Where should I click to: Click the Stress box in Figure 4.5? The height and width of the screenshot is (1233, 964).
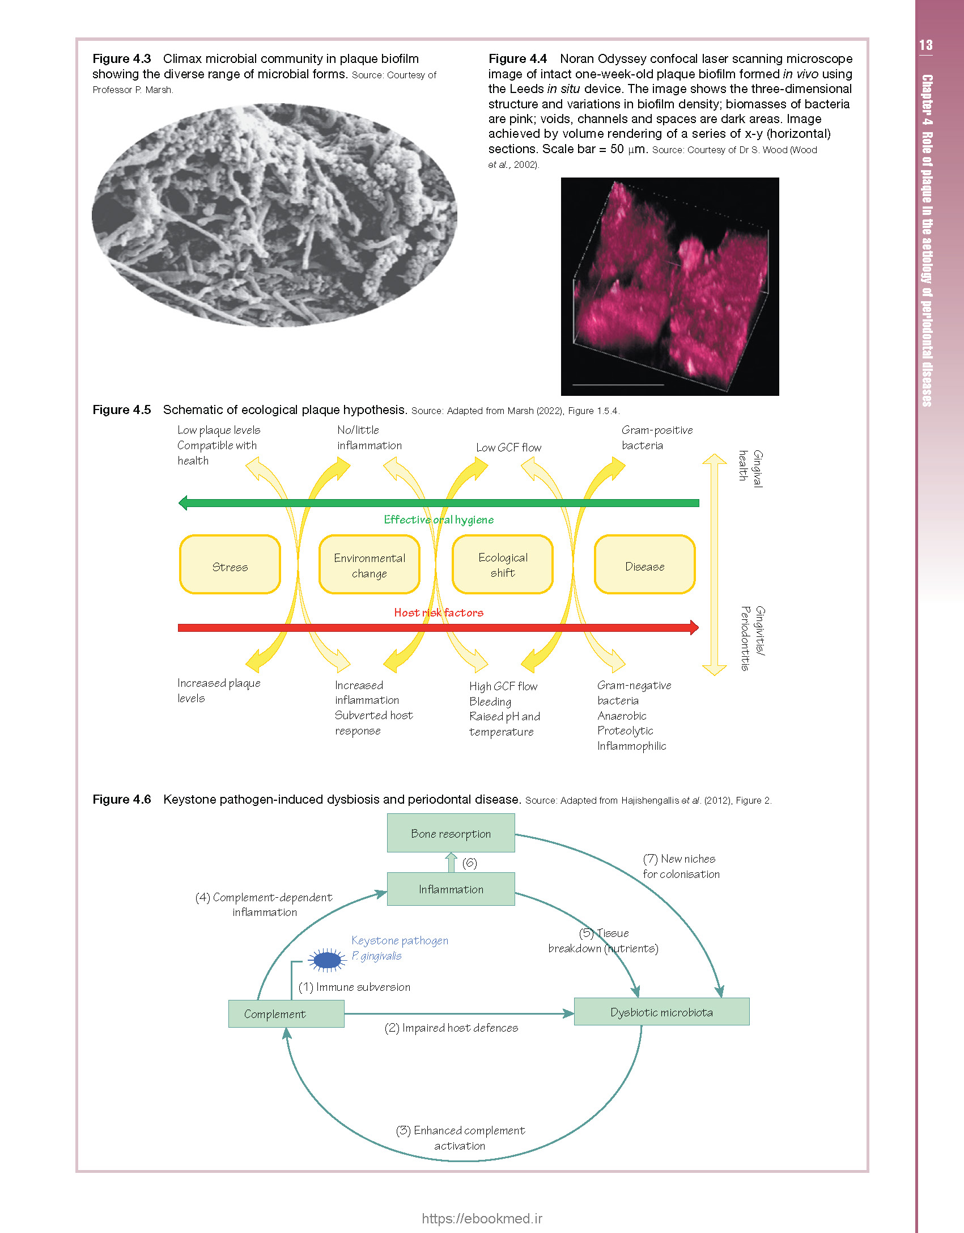[x=230, y=564]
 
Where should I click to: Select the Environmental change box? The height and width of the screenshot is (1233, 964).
[x=370, y=564]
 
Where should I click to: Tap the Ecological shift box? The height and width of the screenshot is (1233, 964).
[x=503, y=564]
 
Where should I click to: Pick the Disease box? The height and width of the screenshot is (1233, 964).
[x=645, y=564]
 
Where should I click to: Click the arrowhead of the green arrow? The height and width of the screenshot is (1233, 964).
[x=182, y=503]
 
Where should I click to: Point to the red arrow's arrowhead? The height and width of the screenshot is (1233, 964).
[x=694, y=627]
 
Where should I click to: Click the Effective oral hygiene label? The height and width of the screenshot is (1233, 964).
[x=439, y=520]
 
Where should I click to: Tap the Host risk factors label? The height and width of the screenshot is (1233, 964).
[x=439, y=613]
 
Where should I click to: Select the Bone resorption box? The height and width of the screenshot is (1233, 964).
[x=451, y=833]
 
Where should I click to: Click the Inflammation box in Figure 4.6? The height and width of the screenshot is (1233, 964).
[x=451, y=889]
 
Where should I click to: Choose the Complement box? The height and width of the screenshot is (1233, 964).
[x=286, y=1014]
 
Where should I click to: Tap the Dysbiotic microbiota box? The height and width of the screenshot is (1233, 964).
[x=662, y=1012]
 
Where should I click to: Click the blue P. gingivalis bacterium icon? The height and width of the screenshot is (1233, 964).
[x=327, y=960]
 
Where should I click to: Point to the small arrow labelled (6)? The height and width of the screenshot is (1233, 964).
[x=451, y=862]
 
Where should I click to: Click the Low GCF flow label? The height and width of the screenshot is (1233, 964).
[x=509, y=447]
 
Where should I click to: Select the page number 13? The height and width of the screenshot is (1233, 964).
[x=926, y=45]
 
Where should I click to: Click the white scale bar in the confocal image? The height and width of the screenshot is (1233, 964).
[x=618, y=385]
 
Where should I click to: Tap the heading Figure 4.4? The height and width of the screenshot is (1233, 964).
[x=518, y=59]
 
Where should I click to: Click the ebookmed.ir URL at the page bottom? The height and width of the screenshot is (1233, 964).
[x=482, y=1218]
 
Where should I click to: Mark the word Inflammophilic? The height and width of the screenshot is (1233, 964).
[x=632, y=746]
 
